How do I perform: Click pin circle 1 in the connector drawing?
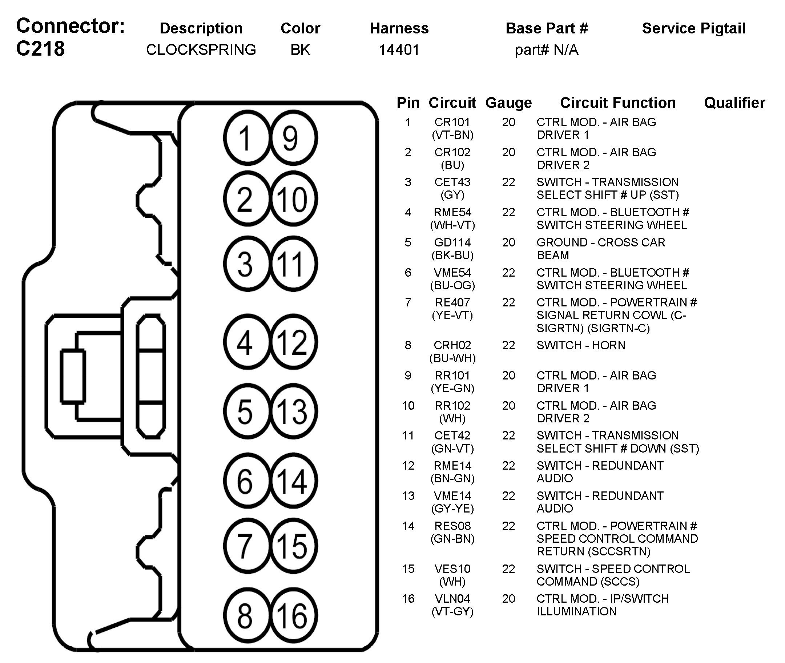[246, 138]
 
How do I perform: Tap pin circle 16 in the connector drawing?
[294, 615]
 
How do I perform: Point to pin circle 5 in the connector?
[246, 411]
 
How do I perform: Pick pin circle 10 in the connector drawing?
[294, 199]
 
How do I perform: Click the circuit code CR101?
[452, 122]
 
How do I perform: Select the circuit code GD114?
[452, 242]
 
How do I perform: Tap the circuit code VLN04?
[452, 598]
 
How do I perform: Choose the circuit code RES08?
[452, 526]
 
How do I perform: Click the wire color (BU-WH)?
[452, 358]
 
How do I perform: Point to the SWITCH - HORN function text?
[581, 345]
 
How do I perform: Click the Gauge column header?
[508, 103]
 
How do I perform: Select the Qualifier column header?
[734, 103]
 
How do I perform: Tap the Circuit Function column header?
[618, 103]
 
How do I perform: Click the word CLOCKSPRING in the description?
[201, 49]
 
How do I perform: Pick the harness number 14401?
[399, 49]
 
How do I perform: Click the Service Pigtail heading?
[694, 29]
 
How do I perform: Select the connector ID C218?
[40, 49]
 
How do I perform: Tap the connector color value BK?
[300, 49]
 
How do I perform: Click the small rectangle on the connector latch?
[73, 376]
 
